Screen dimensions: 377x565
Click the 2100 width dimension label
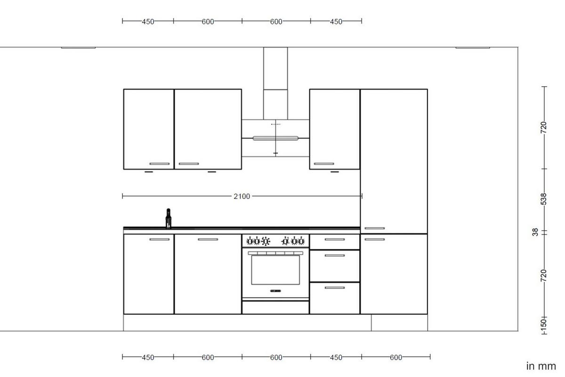(x=242, y=196)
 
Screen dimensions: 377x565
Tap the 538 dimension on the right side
(x=544, y=199)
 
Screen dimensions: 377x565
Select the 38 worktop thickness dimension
(x=535, y=232)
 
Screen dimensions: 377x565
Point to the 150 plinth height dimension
(x=543, y=324)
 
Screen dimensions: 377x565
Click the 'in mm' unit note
(x=541, y=366)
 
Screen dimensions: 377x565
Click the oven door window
(x=275, y=270)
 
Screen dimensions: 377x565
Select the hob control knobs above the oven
(x=275, y=241)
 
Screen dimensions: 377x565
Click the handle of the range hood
(x=275, y=138)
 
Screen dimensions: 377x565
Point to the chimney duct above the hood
(x=275, y=82)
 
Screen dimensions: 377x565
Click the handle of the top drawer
(x=334, y=239)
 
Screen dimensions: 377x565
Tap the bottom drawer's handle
(x=334, y=287)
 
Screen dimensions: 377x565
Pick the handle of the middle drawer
(x=334, y=255)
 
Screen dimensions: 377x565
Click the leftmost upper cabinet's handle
(x=159, y=164)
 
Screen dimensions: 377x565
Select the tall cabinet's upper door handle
(x=374, y=229)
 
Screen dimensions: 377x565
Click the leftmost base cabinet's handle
(x=159, y=239)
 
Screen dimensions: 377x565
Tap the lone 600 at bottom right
(x=396, y=357)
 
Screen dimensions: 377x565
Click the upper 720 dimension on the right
(x=544, y=127)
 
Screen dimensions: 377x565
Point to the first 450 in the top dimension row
(x=148, y=21)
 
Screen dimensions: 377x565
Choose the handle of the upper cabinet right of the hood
(x=324, y=164)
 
